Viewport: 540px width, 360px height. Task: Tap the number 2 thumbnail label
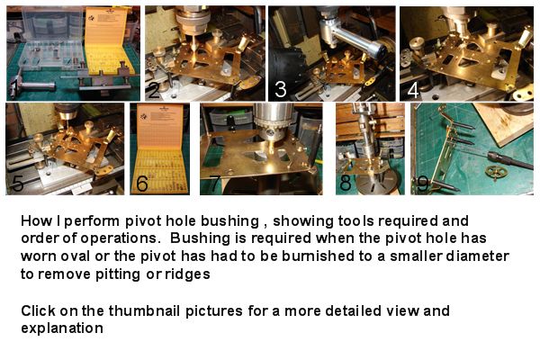point(155,88)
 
